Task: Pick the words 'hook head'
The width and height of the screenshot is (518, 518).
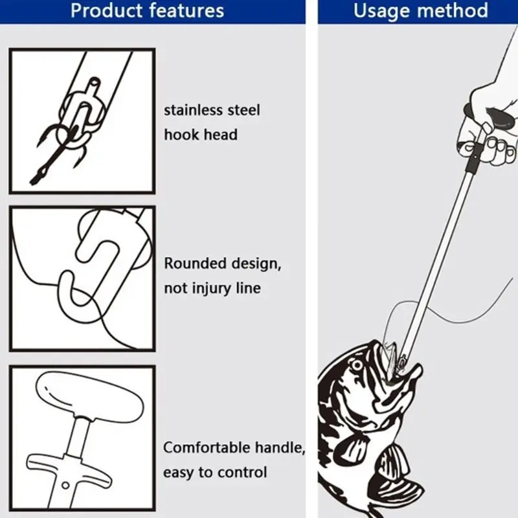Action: tap(201, 135)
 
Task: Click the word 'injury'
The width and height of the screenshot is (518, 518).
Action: tap(212, 288)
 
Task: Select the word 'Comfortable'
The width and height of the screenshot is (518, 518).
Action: tap(207, 447)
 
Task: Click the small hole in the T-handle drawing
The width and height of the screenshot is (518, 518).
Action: tap(65, 485)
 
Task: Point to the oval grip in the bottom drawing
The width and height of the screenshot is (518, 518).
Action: tap(89, 397)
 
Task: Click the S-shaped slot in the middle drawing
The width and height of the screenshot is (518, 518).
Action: tap(96, 267)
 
